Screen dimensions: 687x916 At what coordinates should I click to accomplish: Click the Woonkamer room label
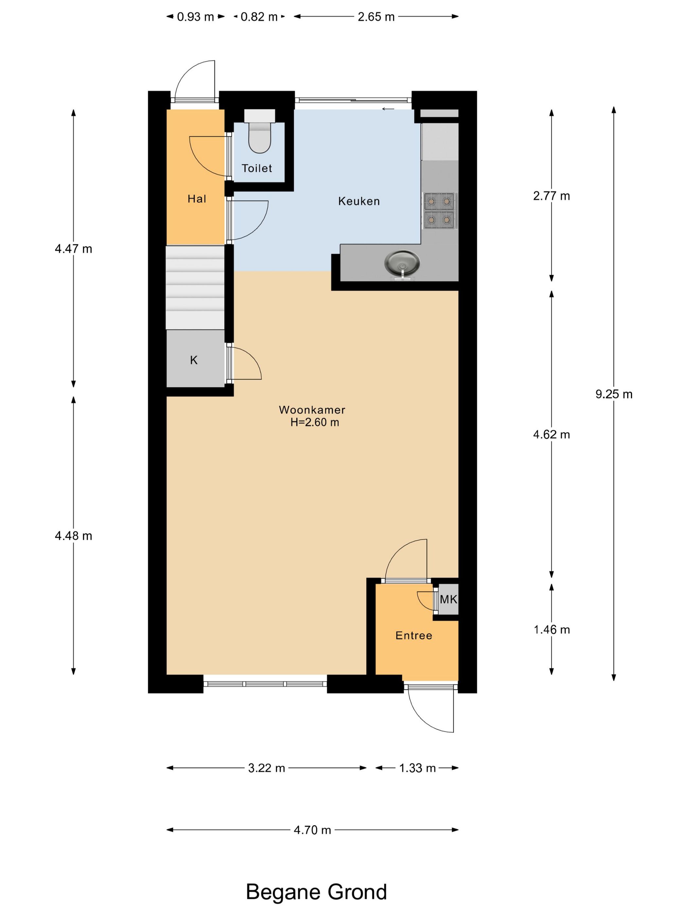312,410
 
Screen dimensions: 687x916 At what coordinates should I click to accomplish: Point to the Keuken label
359,201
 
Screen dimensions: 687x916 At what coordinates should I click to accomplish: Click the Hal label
197,199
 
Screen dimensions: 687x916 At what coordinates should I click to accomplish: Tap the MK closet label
449,599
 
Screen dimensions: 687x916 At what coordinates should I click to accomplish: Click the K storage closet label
194,360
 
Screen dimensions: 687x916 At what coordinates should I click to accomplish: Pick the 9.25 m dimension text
614,394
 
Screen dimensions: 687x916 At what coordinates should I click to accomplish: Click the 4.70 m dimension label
312,838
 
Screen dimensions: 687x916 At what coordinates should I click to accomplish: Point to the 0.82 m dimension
259,17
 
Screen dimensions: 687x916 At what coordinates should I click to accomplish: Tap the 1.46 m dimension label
552,629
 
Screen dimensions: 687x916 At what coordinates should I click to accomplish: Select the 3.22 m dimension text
266,768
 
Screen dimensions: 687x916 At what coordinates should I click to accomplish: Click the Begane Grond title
316,891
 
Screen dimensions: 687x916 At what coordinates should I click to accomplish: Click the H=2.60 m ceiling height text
315,422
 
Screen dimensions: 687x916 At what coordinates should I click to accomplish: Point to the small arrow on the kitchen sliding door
388,109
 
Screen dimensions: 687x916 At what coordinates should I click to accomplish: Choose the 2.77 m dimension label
552,196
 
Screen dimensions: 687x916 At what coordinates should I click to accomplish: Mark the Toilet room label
257,168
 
